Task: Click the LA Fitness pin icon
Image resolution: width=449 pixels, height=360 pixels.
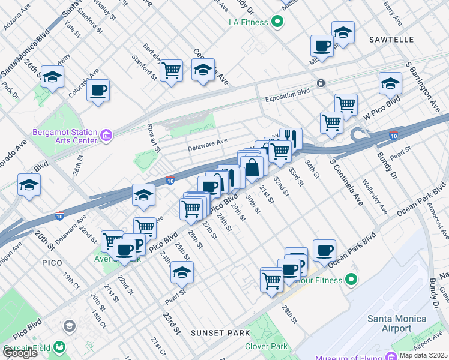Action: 277,23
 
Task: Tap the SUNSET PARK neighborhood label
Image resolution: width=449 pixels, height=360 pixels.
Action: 216,332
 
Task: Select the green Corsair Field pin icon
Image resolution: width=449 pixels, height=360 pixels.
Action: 59,347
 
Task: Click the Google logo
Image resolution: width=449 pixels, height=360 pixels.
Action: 19,353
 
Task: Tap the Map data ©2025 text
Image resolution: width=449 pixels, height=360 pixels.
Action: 423,355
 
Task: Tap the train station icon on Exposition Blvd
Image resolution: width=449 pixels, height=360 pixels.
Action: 321,83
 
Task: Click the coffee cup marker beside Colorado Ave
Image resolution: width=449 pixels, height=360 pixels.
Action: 98,92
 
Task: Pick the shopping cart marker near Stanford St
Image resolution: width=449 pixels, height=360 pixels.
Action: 172,71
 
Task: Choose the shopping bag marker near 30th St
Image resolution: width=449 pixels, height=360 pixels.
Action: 253,167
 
